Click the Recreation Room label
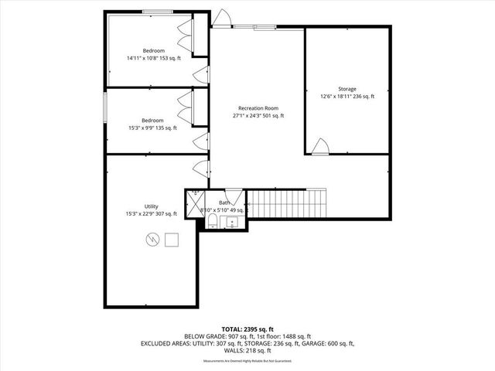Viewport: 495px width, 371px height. point(258,108)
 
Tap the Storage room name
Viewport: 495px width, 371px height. point(346,89)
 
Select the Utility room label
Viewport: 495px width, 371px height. point(151,206)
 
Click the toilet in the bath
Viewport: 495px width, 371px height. point(212,223)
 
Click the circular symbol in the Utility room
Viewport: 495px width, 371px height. point(152,240)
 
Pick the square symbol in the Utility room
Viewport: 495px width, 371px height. point(172,240)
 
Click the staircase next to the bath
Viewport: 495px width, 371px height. point(287,204)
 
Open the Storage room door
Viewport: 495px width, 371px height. point(320,146)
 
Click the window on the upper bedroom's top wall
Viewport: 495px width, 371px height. point(158,11)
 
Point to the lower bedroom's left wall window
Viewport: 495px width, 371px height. point(106,108)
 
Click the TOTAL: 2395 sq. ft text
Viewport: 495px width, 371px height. point(247,329)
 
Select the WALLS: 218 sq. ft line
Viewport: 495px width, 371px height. point(247,350)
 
